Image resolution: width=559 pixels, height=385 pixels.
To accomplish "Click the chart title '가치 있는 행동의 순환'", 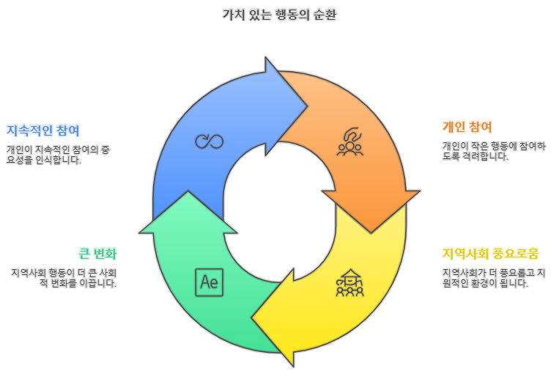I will coord(279,15).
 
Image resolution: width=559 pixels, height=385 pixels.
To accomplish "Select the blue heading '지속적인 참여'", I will coord(43,131).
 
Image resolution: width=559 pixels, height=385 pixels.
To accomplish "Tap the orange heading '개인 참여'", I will coord(467,126).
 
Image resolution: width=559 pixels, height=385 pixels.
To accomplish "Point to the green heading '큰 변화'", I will coord(97,254).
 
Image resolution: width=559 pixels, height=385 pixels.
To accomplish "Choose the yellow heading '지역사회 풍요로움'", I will coord(490,254).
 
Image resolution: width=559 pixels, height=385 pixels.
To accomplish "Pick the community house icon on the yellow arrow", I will coord(349,282).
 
